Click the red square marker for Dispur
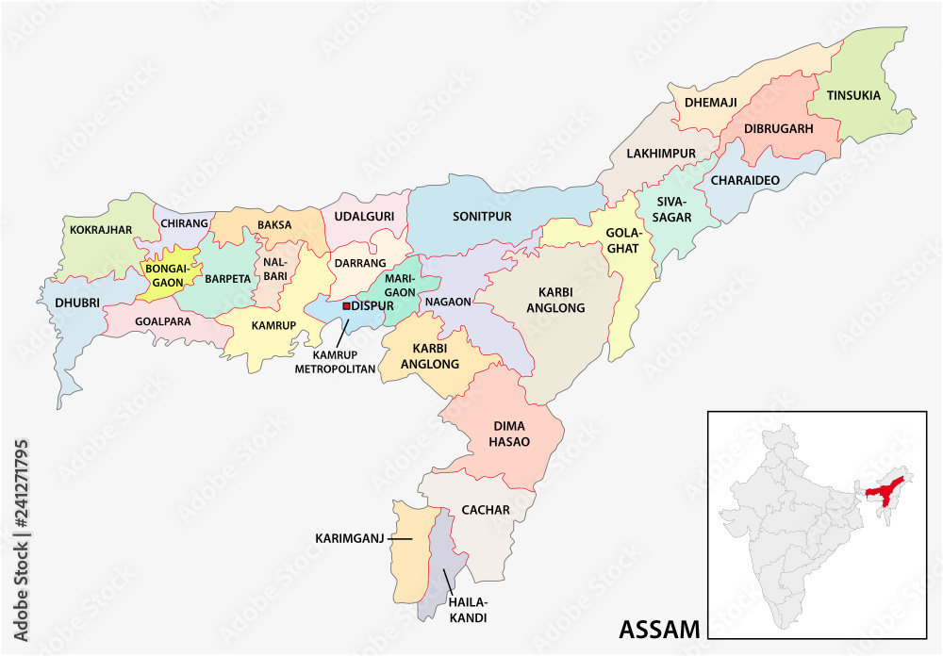346,306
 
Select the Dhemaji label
711,102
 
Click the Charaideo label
745,180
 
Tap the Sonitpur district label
481,216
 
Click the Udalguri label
364,216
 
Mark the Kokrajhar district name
100,229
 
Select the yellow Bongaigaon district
168,274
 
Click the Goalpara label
163,321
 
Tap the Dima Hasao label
509,435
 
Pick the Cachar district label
486,510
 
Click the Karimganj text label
351,539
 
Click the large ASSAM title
659,629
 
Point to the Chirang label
184,223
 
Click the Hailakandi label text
468,612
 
